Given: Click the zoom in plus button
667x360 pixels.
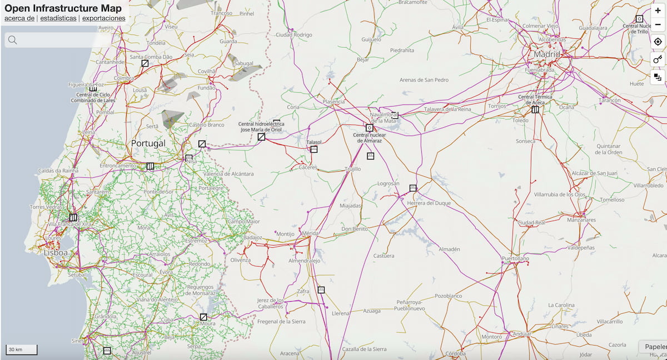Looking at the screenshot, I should (658, 11).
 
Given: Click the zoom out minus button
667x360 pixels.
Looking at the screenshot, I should (658, 24).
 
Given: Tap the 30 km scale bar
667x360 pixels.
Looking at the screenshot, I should (22, 349).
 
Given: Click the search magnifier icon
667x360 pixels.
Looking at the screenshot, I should (12, 39).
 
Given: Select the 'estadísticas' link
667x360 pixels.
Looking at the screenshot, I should (58, 18).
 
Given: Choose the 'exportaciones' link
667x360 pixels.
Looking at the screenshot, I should (104, 18).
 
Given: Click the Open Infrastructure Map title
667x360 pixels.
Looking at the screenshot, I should (63, 8).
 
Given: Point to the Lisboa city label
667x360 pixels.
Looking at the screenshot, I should (56, 253).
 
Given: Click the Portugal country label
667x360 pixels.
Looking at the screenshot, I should (148, 143).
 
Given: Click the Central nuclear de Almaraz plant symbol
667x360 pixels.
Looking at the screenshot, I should (369, 128).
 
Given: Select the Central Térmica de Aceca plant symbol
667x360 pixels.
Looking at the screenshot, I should (535, 109).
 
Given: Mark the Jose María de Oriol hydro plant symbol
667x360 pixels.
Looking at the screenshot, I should (261, 137).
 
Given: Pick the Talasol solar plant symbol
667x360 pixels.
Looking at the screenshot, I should (313, 149).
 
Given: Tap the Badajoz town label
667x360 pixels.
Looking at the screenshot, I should (252, 238).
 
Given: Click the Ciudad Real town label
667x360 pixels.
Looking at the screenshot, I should (530, 223).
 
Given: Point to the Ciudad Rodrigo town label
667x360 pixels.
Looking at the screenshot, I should (294, 34).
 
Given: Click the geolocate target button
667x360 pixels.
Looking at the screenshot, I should (658, 42).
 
